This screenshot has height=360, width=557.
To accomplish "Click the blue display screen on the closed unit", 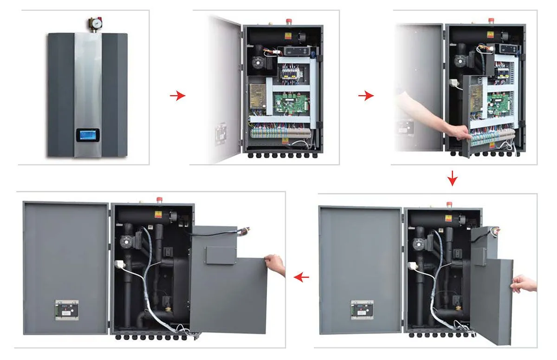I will pos(87,136).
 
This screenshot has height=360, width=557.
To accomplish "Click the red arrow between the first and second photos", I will pos(177,96).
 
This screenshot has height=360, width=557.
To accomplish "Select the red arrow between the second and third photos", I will pos(366,96).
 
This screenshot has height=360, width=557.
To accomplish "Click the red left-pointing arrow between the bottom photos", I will pos(301,277).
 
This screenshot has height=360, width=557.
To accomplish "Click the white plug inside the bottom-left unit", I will pos(119,265).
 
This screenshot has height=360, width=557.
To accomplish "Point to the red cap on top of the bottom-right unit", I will pos(449,204).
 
